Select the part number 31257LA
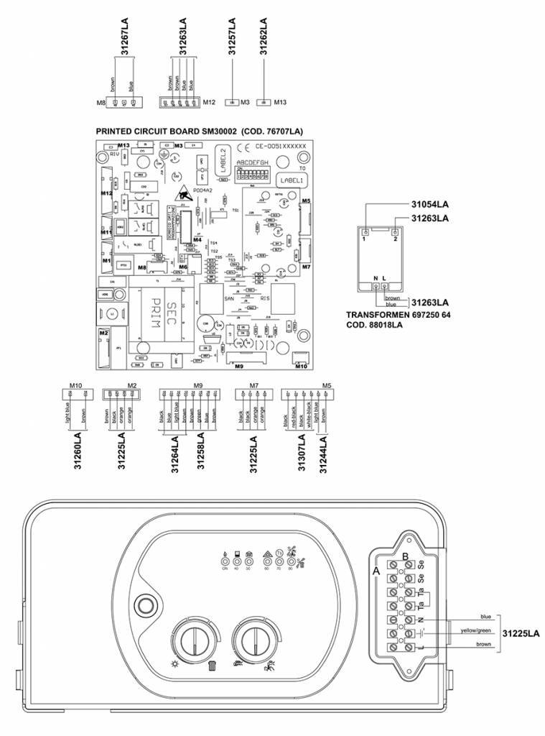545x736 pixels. tap(231, 36)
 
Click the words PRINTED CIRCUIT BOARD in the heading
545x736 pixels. tap(147, 132)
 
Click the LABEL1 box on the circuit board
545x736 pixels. tap(293, 181)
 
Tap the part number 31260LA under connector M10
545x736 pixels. tap(78, 453)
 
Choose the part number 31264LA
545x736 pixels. tap(174, 453)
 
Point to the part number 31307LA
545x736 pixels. tap(302, 453)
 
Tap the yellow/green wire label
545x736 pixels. tap(475, 631)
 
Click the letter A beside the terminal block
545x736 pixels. tap(376, 569)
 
